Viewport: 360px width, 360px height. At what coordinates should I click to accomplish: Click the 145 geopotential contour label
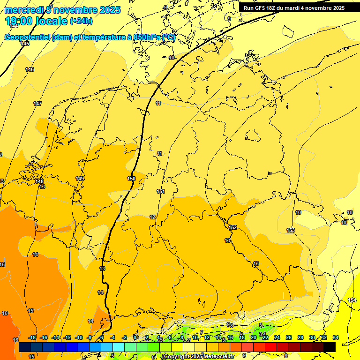[25, 44]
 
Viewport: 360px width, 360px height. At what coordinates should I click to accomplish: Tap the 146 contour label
[30, 69]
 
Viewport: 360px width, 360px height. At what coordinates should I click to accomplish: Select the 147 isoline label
[37, 104]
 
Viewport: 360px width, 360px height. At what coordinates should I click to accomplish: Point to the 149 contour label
[80, 179]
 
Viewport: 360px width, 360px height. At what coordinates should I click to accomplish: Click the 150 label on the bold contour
[131, 179]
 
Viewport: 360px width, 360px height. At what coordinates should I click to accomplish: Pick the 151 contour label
[161, 191]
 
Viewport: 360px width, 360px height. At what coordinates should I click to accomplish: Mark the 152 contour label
[232, 227]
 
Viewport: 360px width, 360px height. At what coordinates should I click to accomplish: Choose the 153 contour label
[291, 230]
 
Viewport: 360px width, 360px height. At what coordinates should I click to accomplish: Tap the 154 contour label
[352, 300]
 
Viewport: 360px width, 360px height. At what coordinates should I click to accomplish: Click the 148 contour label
[39, 181]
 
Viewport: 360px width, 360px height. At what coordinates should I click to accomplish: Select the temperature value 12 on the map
[152, 217]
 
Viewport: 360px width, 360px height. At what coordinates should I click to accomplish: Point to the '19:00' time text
[19, 21]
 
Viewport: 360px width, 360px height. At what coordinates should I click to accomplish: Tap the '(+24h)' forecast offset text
[81, 21]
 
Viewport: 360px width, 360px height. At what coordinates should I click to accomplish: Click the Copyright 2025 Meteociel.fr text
[199, 357]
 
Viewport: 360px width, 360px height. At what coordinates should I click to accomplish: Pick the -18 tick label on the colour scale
[32, 337]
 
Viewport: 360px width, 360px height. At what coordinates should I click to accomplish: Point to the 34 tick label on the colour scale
[336, 337]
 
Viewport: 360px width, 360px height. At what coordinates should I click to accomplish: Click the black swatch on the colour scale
[330, 347]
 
